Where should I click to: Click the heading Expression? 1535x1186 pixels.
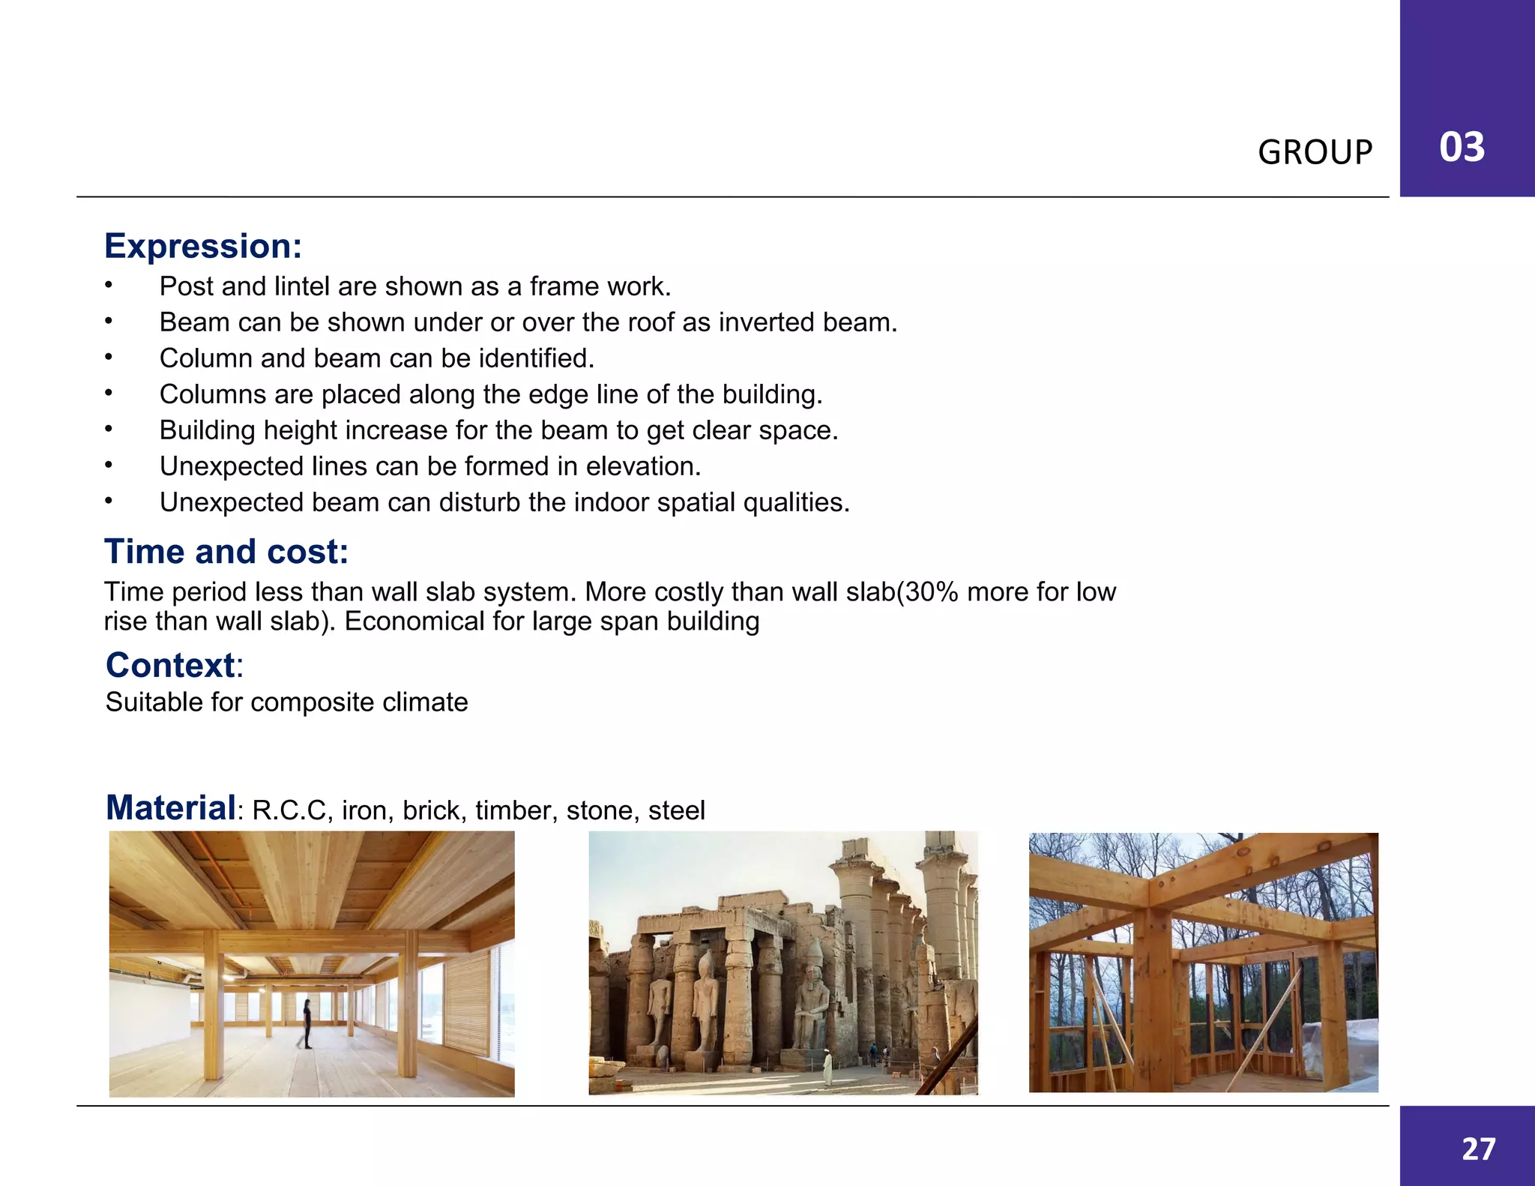pos(202,247)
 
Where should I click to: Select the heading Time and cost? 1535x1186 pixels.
pos(226,552)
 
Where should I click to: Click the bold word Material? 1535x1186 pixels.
pos(171,808)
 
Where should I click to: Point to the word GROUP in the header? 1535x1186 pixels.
pos(1315,152)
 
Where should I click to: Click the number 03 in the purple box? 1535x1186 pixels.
pos(1462,147)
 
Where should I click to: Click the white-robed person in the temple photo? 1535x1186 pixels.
pos(827,1068)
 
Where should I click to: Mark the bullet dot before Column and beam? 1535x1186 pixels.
pos(109,358)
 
